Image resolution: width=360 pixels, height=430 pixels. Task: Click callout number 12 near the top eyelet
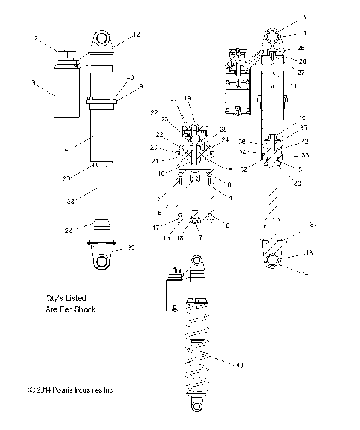(x=136, y=34)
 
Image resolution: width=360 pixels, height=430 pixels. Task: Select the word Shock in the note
(x=84, y=309)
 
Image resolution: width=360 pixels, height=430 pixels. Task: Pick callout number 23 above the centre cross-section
(x=163, y=119)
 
